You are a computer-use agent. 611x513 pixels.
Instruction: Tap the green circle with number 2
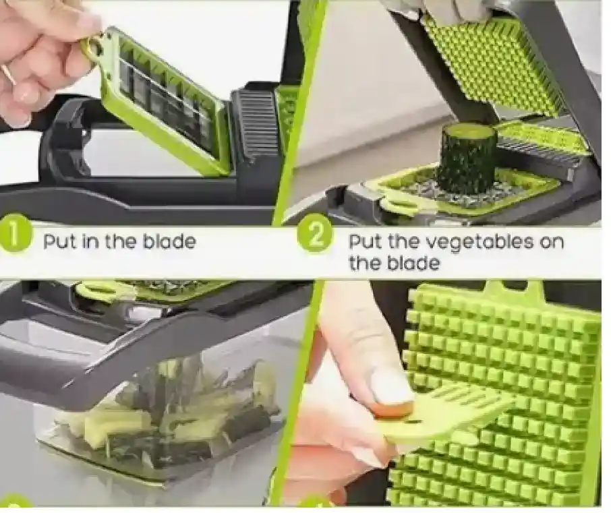pos(315,234)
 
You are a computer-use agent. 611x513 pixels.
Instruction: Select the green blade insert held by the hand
pos(160,99)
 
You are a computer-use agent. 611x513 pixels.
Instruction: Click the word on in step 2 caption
pos(552,243)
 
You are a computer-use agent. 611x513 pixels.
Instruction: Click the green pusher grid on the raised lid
pos(495,62)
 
